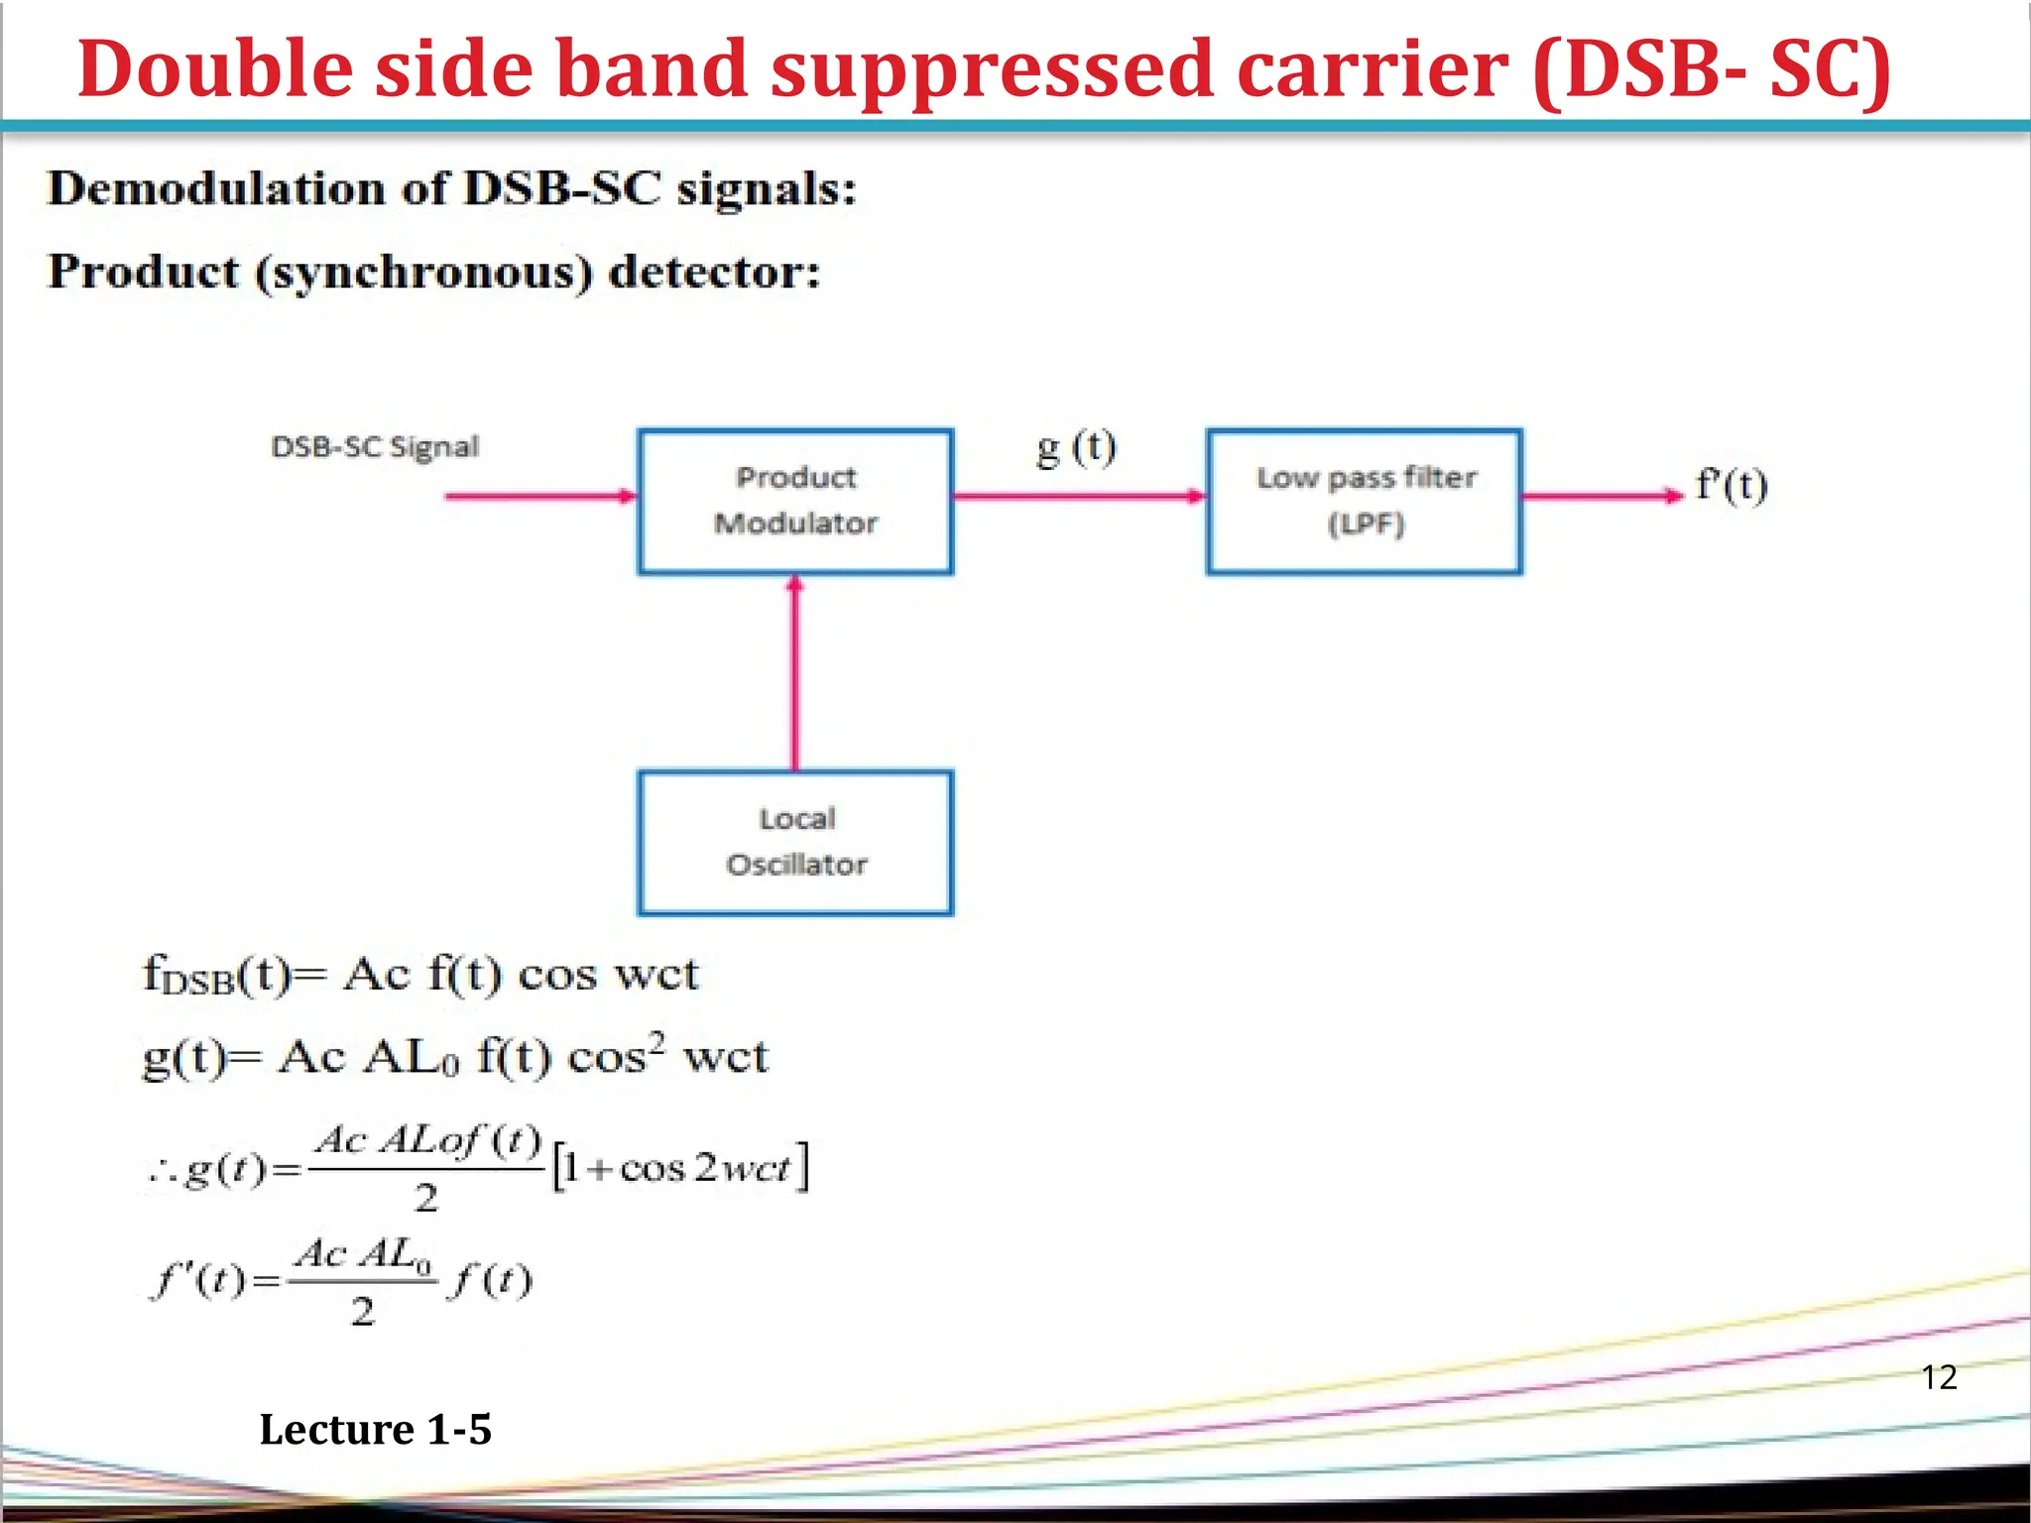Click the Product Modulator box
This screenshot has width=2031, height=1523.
click(795, 501)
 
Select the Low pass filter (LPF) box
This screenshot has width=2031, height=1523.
click(1365, 501)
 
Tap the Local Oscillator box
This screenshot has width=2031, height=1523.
click(795, 842)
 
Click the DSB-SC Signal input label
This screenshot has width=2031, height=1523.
click(375, 447)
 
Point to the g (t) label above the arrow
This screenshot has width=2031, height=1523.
click(1076, 448)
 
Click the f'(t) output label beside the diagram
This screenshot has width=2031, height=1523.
click(1732, 486)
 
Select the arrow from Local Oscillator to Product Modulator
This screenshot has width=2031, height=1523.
click(794, 674)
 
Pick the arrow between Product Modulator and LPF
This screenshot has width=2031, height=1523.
click(1079, 496)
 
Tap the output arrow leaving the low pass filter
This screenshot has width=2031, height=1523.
click(1602, 496)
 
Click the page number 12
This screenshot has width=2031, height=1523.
click(1939, 1377)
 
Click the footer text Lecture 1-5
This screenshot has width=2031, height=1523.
click(375, 1430)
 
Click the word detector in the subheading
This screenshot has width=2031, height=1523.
click(714, 272)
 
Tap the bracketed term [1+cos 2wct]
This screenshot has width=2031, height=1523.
click(680, 1167)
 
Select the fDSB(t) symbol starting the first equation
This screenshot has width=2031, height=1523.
click(216, 976)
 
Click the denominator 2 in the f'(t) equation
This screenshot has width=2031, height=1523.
click(363, 1312)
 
